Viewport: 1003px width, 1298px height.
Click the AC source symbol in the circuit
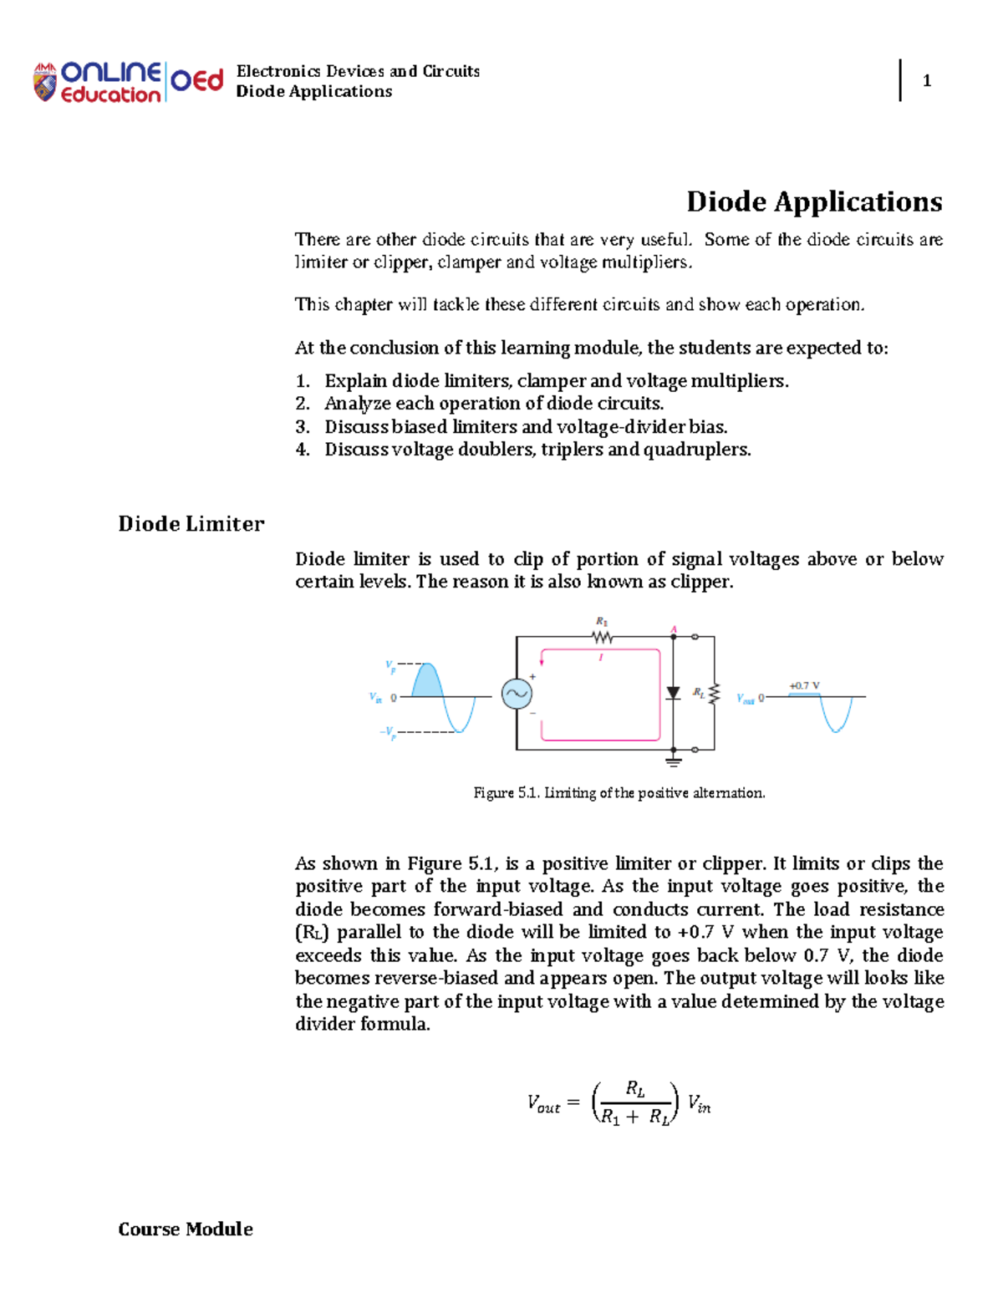(x=517, y=694)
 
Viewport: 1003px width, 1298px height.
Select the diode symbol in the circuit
(x=673, y=693)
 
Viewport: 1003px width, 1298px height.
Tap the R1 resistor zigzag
(x=602, y=637)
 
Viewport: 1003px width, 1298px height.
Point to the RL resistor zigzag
(x=713, y=693)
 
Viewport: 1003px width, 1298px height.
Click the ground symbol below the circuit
(x=673, y=761)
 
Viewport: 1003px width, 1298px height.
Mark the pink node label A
(x=674, y=629)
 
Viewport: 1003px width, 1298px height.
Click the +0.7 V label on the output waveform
(x=804, y=685)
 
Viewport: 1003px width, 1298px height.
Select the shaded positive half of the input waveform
(x=426, y=681)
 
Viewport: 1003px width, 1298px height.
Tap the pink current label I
(x=600, y=658)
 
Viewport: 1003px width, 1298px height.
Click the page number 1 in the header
(x=926, y=80)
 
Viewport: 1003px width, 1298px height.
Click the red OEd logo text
(x=197, y=80)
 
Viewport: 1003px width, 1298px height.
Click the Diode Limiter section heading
(x=191, y=524)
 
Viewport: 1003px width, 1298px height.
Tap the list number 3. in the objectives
(x=303, y=426)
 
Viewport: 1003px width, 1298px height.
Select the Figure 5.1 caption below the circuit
(x=619, y=792)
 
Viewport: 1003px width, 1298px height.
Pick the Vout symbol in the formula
(x=543, y=1104)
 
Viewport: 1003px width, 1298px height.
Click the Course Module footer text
(x=186, y=1229)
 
